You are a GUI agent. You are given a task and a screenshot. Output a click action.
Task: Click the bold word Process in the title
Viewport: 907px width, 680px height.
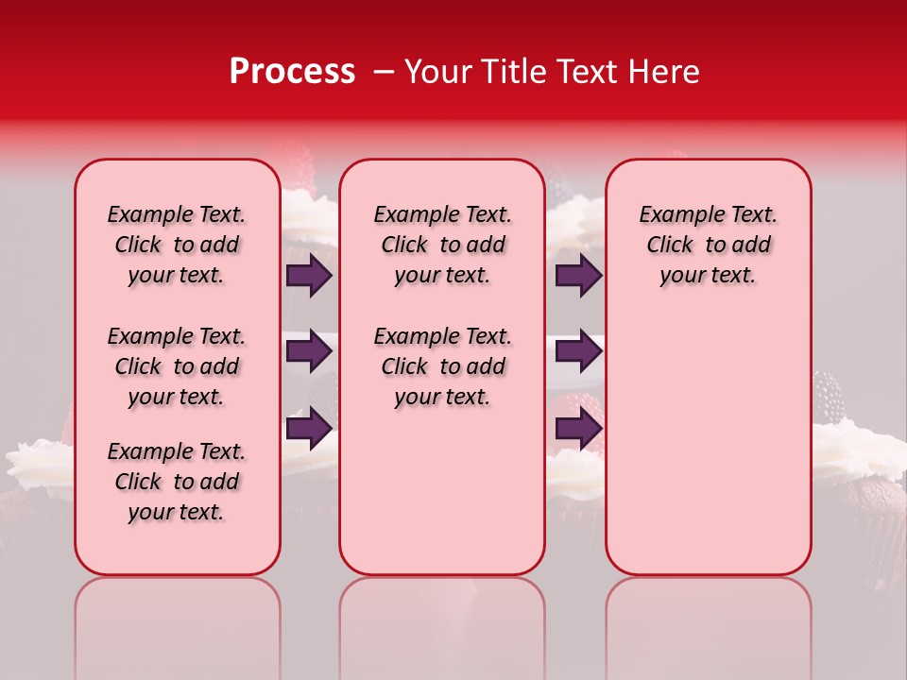click(292, 72)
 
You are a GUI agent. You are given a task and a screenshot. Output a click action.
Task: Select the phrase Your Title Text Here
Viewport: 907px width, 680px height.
click(552, 72)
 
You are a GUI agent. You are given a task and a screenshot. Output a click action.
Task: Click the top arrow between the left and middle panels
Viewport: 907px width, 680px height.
click(309, 276)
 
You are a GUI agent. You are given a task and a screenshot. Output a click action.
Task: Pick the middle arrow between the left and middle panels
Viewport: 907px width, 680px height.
click(309, 351)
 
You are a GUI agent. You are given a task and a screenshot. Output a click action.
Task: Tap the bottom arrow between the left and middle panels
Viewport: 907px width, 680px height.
click(309, 427)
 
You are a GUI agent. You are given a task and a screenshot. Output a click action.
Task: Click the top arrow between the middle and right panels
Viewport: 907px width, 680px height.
click(578, 276)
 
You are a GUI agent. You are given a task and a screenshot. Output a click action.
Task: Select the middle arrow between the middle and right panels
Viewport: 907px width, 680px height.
click(578, 351)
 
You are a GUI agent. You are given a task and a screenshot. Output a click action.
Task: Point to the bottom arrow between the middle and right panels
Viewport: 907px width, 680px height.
click(578, 427)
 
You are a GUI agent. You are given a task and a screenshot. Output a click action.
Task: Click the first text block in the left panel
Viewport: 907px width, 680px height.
click(177, 245)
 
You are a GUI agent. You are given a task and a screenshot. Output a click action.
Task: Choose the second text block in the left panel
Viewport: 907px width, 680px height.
click(177, 366)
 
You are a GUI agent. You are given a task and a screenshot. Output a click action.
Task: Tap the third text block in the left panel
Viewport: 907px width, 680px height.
click(177, 482)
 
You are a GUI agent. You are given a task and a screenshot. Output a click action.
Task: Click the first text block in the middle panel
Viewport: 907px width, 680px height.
click(442, 245)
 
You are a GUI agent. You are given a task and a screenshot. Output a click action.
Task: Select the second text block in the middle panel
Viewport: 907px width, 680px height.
click(442, 366)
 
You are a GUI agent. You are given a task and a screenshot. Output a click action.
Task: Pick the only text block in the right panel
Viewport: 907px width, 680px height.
click(708, 245)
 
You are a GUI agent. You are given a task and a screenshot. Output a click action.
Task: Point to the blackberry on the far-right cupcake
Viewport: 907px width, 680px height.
click(830, 397)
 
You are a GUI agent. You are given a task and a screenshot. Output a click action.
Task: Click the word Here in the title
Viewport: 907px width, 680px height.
click(669, 72)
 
